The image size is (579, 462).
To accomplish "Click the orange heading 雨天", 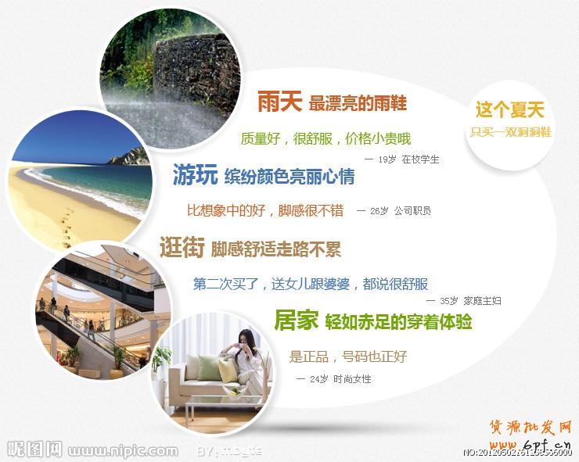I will [x=280, y=102].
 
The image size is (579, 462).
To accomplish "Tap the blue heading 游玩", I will [x=195, y=176].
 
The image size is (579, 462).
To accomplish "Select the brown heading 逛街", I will [x=182, y=249].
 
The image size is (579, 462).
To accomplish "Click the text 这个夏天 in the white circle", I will [x=509, y=110].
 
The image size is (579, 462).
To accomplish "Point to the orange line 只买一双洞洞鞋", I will [x=511, y=132].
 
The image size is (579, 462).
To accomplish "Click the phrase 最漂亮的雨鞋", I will [x=358, y=102].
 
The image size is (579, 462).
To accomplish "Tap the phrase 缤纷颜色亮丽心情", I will [x=289, y=177].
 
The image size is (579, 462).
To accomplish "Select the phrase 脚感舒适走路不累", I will [x=275, y=249].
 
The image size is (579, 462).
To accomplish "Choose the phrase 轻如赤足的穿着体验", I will [x=398, y=321].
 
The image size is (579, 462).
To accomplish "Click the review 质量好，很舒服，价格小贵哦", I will [x=325, y=139].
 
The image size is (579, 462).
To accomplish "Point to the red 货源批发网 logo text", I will [x=531, y=428].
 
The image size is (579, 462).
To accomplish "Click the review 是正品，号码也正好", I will [x=348, y=356].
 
